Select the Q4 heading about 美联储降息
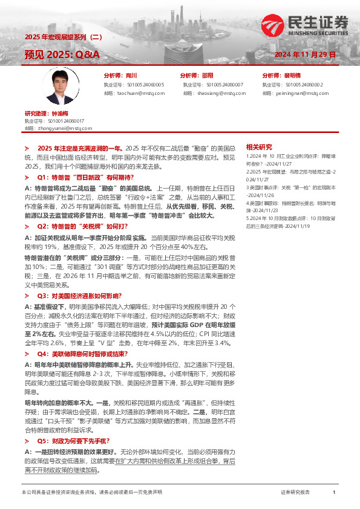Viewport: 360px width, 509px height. pos(85,352)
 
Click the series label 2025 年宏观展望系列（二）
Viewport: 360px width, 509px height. pos(64,37)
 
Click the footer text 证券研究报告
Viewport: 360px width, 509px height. pos(295,493)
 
